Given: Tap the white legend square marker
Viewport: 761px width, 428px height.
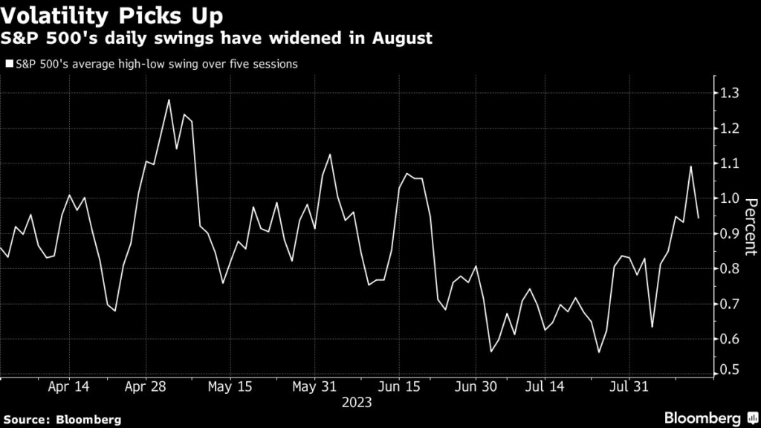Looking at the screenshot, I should click(x=8, y=65).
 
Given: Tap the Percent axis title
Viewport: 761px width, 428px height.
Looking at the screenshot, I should click(x=751, y=227).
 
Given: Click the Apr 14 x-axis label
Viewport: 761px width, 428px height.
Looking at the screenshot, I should click(x=68, y=387).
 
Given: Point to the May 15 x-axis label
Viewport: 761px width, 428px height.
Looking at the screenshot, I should click(x=230, y=387).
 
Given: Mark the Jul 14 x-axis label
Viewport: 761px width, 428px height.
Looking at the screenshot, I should click(x=545, y=387).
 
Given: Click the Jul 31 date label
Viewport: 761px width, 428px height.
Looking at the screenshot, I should click(x=629, y=387).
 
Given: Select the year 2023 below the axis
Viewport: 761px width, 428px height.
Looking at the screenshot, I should click(x=357, y=403).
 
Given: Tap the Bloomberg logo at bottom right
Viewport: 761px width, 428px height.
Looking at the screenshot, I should click(x=703, y=417).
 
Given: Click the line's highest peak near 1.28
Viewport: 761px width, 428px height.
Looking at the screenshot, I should click(x=169, y=100).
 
